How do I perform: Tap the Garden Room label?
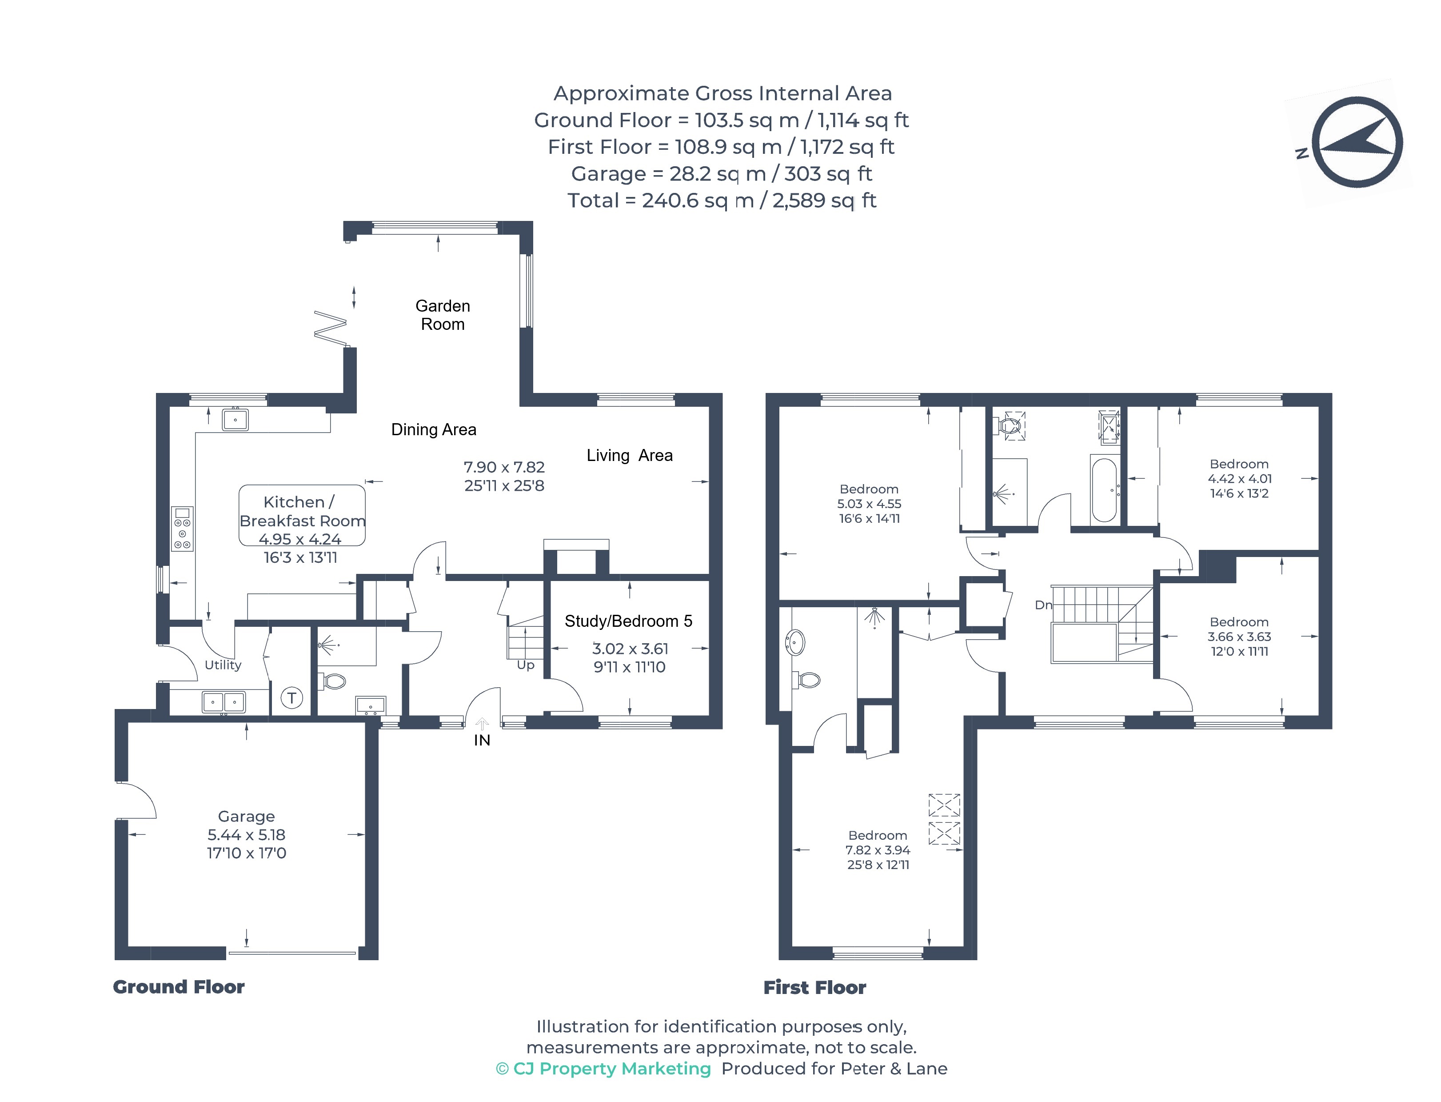point(443,315)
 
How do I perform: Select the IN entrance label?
point(482,740)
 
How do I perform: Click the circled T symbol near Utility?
point(292,698)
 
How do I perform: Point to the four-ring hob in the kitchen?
point(182,529)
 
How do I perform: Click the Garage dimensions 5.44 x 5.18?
point(247,834)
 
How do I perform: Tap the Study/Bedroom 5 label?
point(628,621)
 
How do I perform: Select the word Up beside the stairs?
point(526,665)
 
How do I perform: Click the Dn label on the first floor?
point(1043,605)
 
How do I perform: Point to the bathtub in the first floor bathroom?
point(1105,489)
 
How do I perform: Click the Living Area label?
point(629,455)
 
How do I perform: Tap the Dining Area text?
point(433,430)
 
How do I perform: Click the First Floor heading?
point(814,987)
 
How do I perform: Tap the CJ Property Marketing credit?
point(603,1069)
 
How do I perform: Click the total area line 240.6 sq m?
point(721,200)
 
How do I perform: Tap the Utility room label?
point(223,665)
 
